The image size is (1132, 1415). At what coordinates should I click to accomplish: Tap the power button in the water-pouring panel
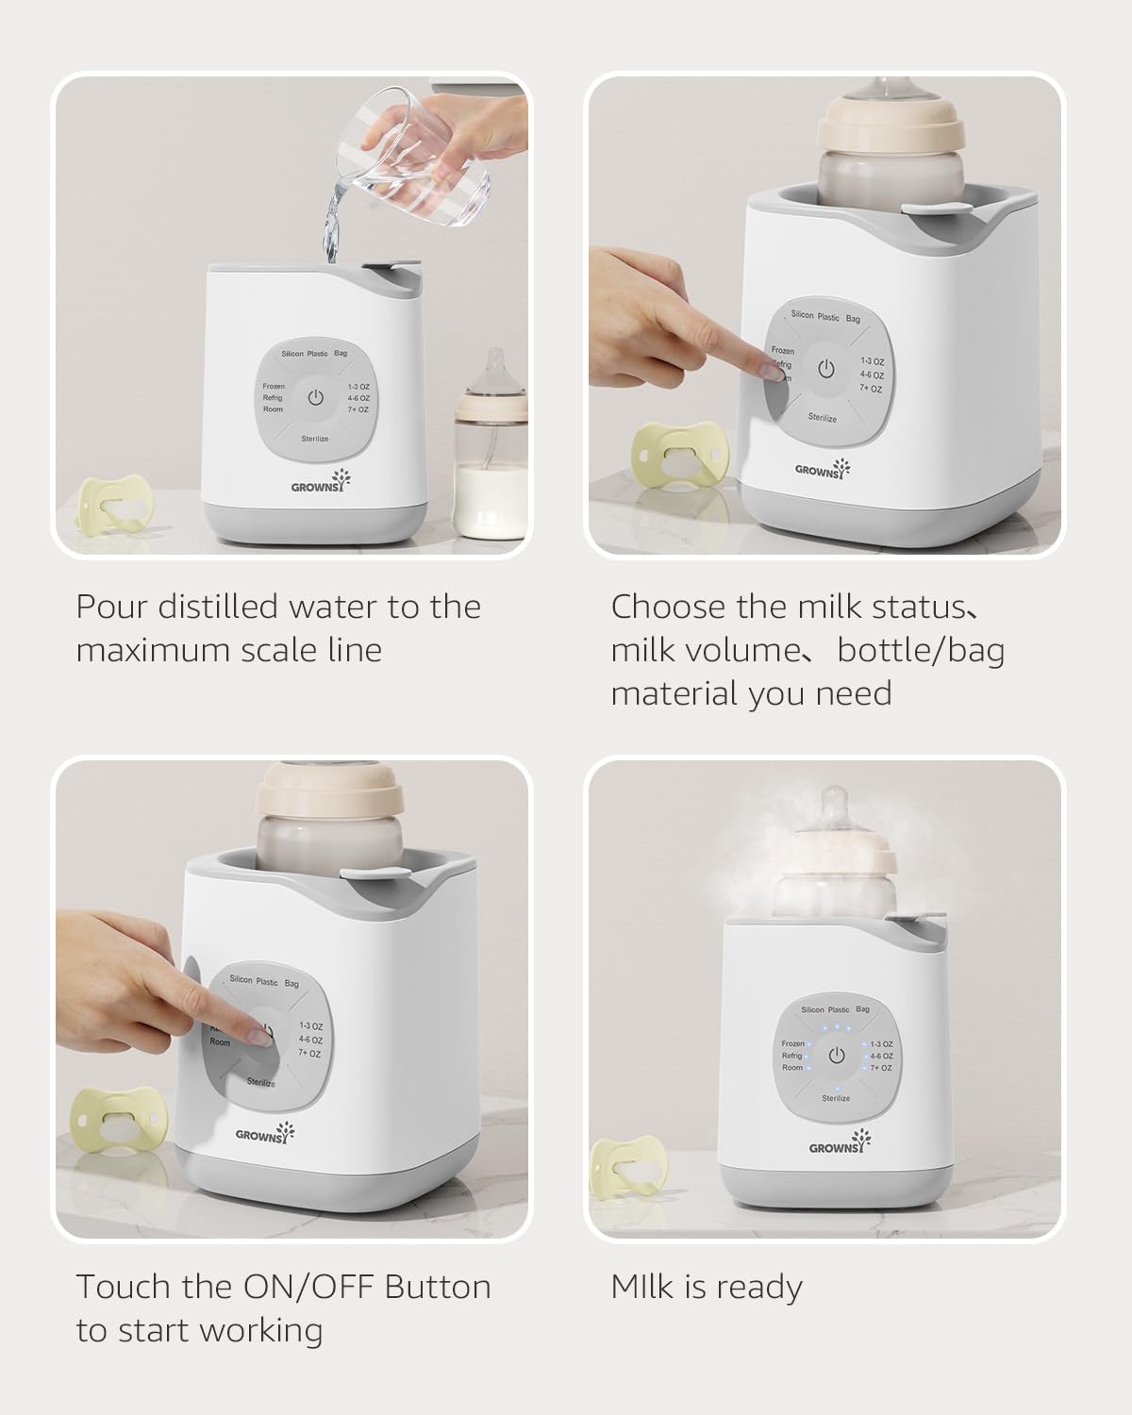315,397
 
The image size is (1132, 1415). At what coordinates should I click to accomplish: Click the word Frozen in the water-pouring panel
274,387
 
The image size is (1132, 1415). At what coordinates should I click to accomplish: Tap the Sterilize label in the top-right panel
822,418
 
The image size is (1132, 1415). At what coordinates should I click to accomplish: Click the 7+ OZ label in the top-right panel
871,389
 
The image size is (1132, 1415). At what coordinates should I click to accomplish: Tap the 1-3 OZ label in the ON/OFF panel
311,1025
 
